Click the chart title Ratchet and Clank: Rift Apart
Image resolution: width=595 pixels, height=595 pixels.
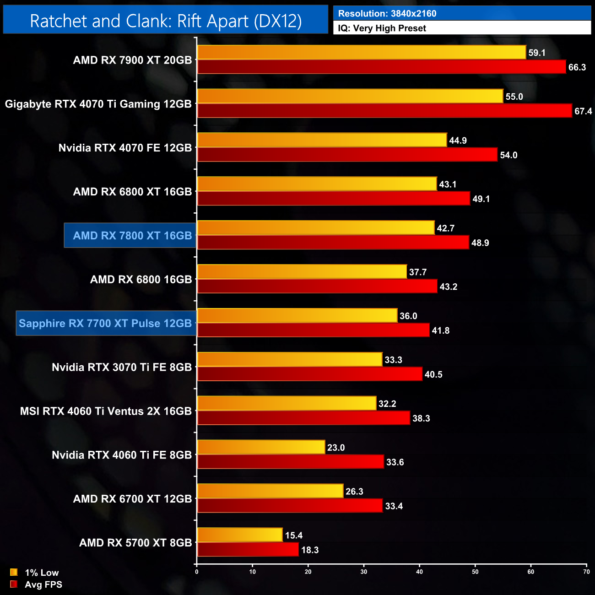click(166, 21)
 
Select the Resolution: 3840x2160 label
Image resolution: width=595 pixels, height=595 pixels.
click(387, 14)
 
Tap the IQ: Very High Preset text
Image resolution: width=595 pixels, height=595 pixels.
click(382, 28)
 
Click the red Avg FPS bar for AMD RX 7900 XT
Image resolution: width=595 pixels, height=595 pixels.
click(381, 67)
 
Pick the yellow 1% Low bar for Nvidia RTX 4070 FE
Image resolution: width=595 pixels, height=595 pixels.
click(322, 140)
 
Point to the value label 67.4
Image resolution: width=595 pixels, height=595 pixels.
click(583, 111)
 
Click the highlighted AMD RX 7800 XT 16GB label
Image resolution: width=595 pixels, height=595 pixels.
click(132, 236)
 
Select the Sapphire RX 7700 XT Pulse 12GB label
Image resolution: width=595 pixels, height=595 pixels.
click(105, 323)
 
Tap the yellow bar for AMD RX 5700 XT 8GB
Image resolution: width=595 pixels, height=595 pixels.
click(240, 535)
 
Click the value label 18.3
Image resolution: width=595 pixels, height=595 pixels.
click(310, 550)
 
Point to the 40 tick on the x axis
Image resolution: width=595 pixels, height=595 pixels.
click(420, 572)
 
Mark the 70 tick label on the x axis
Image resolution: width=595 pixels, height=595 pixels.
click(586, 572)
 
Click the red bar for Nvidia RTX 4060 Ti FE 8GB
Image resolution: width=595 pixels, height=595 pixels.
click(290, 462)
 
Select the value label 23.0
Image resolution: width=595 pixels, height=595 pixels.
click(336, 448)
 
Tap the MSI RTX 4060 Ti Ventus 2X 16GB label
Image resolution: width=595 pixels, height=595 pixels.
click(106, 411)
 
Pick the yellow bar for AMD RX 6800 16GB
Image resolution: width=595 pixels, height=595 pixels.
click(302, 272)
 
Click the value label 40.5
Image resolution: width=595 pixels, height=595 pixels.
click(433, 374)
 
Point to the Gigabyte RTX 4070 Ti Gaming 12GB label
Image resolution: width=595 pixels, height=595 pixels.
click(98, 104)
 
